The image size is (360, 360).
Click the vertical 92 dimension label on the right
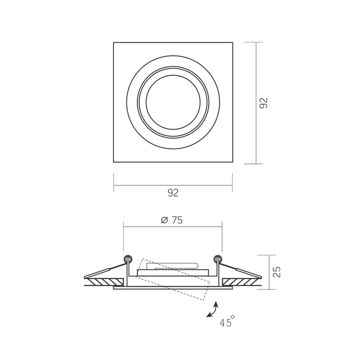[264, 103]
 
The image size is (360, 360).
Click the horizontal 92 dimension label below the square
[173, 193]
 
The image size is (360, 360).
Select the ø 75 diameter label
[172, 220]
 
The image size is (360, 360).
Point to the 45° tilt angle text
[227, 321]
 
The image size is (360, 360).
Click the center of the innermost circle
[173, 102]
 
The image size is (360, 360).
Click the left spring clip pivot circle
[128, 259]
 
